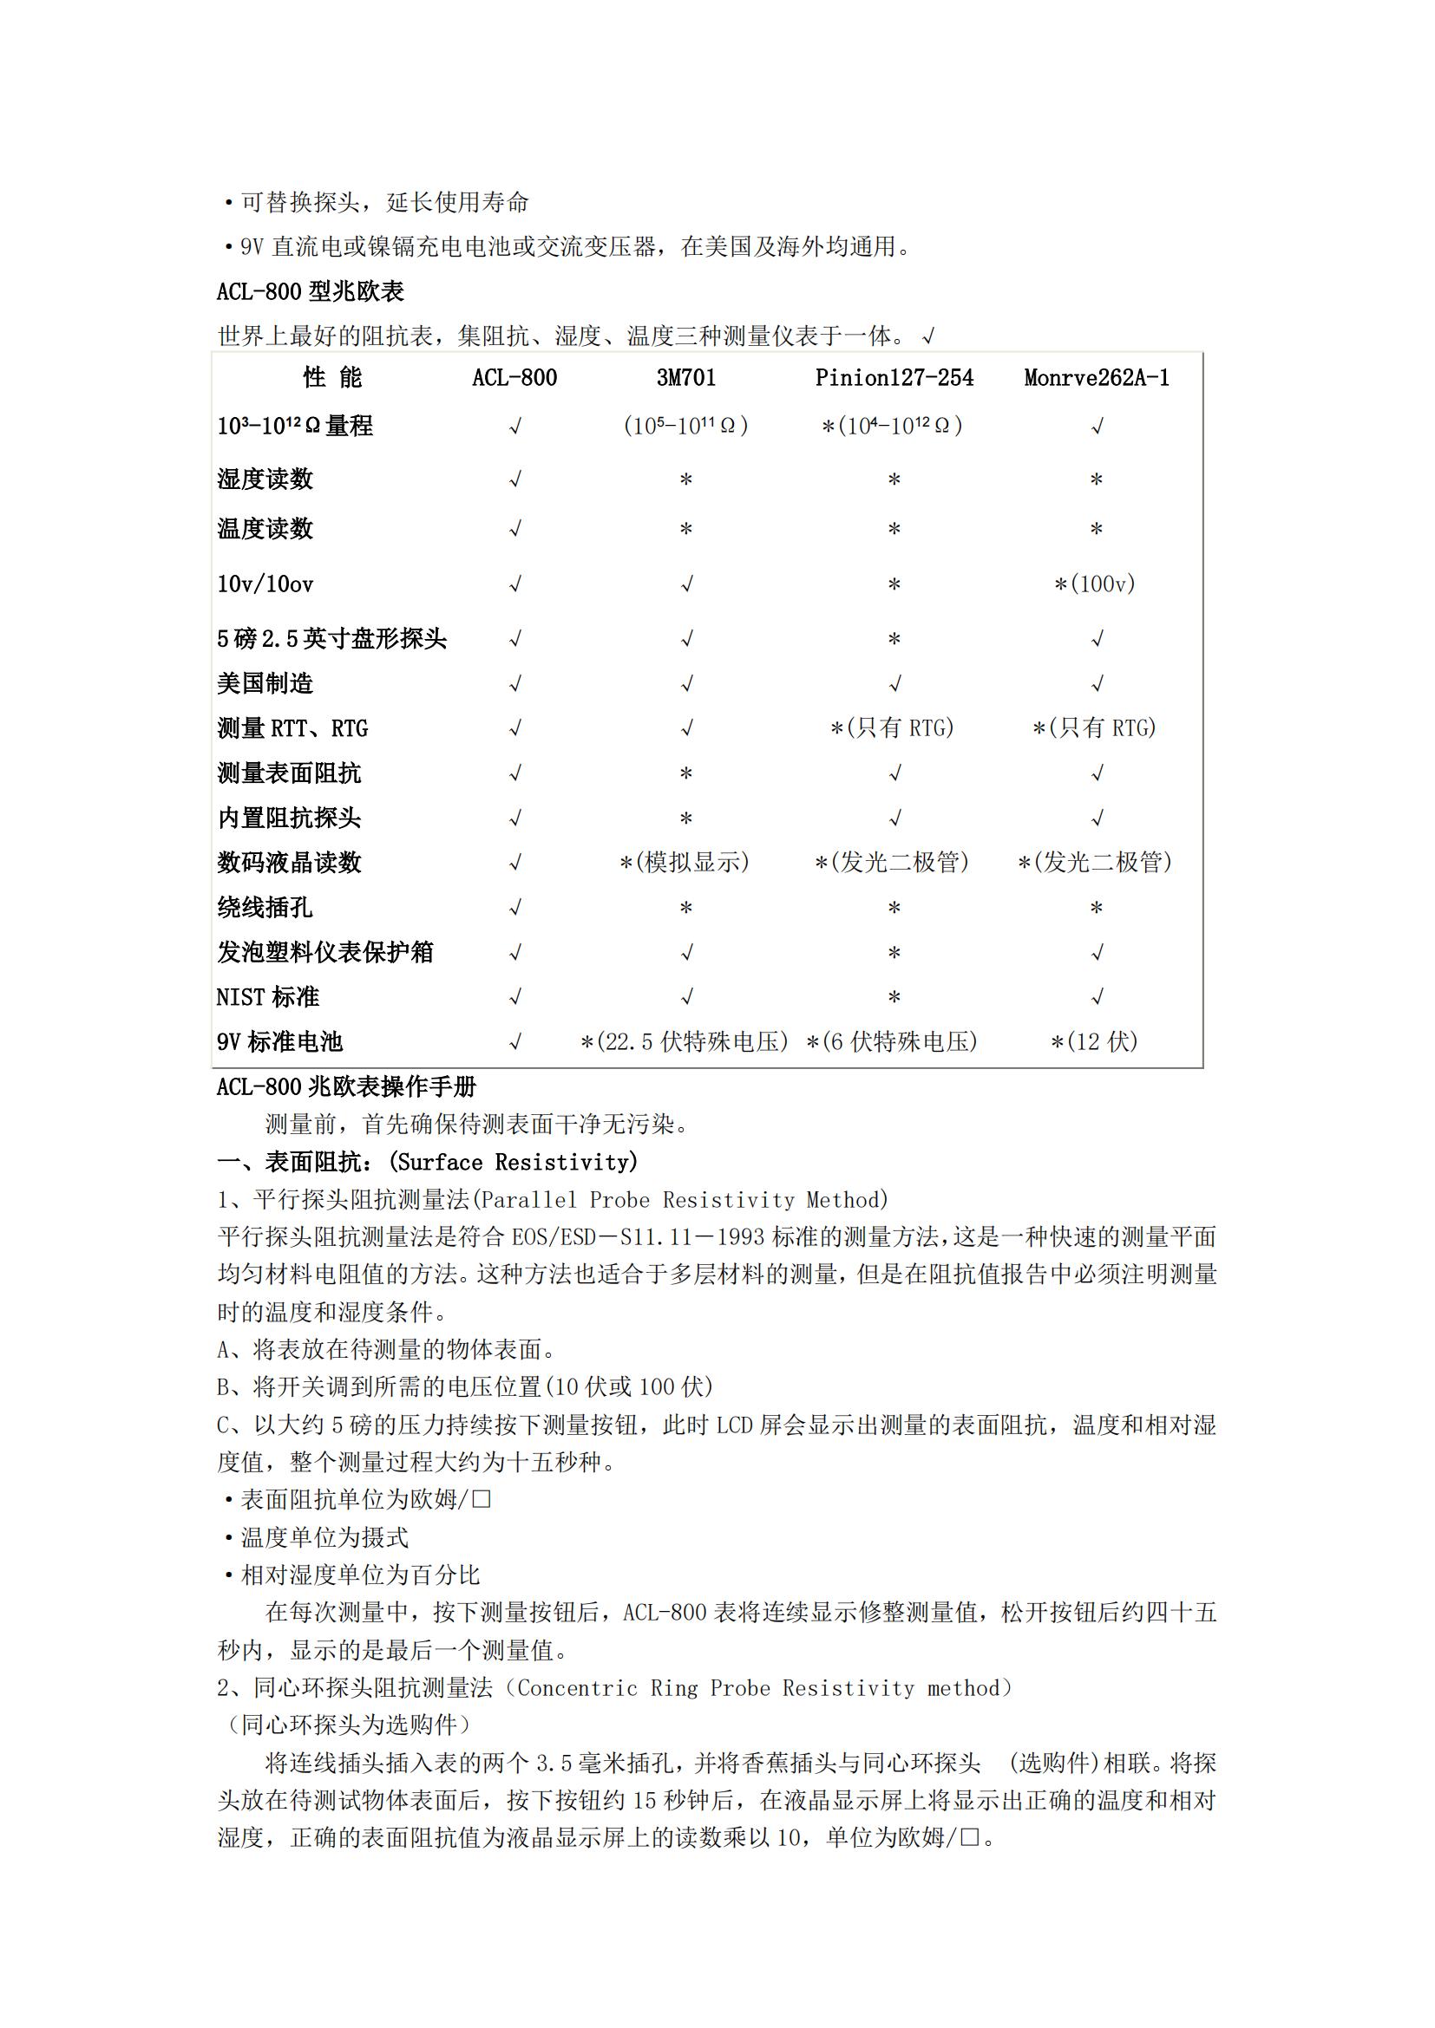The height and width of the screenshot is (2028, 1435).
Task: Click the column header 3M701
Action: click(685, 378)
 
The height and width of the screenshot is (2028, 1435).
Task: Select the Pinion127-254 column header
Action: click(894, 378)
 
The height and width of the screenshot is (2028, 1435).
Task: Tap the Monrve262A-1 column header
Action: click(1096, 378)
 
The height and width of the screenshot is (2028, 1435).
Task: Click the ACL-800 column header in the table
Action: click(514, 378)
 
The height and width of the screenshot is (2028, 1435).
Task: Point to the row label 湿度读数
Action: click(265, 479)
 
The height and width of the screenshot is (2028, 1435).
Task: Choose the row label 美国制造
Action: click(265, 683)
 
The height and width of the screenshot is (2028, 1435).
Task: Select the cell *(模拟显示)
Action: click(685, 862)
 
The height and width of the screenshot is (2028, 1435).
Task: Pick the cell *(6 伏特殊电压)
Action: click(893, 1042)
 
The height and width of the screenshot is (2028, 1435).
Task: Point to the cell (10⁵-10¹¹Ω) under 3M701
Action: click(685, 426)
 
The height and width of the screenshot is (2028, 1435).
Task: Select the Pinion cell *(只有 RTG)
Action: click(893, 728)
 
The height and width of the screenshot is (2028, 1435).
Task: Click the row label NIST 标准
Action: click(268, 997)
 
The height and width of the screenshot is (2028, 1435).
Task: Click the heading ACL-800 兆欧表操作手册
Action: click(346, 1086)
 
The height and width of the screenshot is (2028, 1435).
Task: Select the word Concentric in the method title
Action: click(576, 1688)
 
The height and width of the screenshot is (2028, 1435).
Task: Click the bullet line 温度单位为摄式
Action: click(324, 1538)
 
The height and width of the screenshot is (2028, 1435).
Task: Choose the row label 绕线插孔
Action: click(265, 908)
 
